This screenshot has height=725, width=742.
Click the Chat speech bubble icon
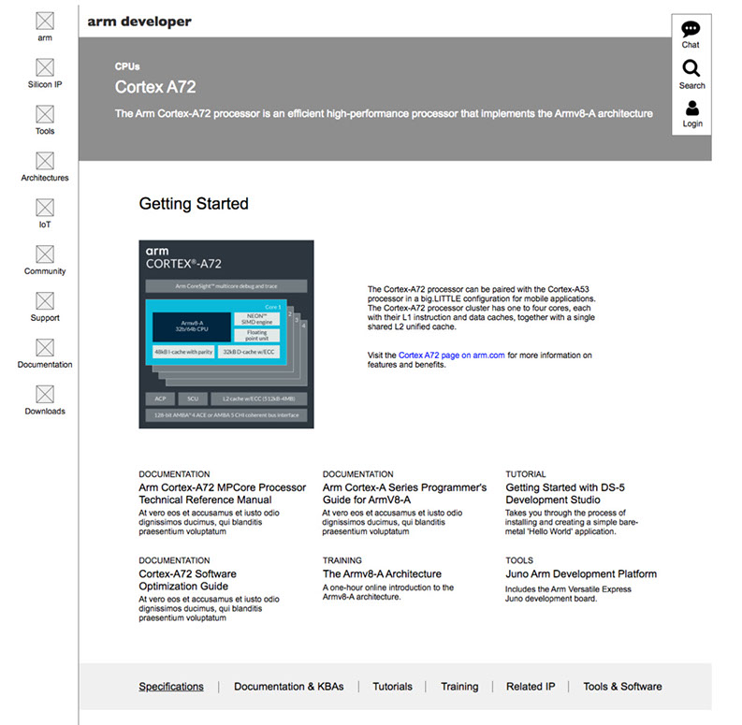pyautogui.click(x=691, y=29)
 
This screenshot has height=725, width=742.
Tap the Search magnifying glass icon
pyautogui.click(x=691, y=68)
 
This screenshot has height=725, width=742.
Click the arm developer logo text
pyautogui.click(x=139, y=22)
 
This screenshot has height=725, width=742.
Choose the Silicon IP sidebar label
pyautogui.click(x=45, y=84)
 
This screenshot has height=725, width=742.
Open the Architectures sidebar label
pyautogui.click(x=45, y=178)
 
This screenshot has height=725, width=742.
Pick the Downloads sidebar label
pyautogui.click(x=45, y=412)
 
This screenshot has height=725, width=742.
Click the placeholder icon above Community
pyautogui.click(x=45, y=254)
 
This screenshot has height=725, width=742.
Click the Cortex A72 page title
pyautogui.click(x=155, y=87)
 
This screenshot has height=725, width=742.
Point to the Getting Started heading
pyautogui.click(x=194, y=204)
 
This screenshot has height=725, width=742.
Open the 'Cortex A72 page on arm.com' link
pyautogui.click(x=452, y=355)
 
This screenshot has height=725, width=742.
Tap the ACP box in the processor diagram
pyautogui.click(x=159, y=399)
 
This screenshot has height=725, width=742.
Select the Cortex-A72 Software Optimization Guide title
pyautogui.click(x=188, y=580)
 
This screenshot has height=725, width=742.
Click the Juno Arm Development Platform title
pyautogui.click(x=581, y=574)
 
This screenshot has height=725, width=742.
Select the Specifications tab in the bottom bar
pyautogui.click(x=171, y=687)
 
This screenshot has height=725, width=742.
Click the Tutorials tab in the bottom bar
pyautogui.click(x=392, y=687)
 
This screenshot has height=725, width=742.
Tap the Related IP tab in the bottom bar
pyautogui.click(x=531, y=687)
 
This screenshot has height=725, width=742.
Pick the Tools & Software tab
pyautogui.click(x=622, y=687)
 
